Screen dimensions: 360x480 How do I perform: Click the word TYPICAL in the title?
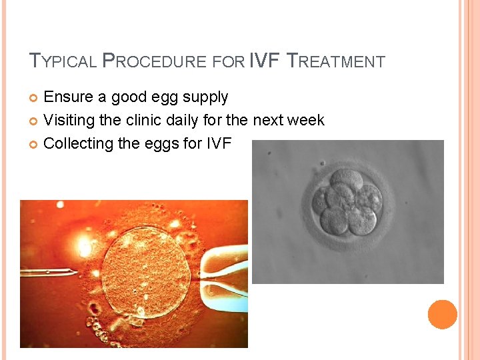63,62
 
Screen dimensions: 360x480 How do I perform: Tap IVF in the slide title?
265,61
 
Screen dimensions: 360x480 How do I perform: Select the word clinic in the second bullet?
143,121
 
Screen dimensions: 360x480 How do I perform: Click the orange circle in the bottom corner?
442,315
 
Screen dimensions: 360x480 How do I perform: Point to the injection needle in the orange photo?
50,272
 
